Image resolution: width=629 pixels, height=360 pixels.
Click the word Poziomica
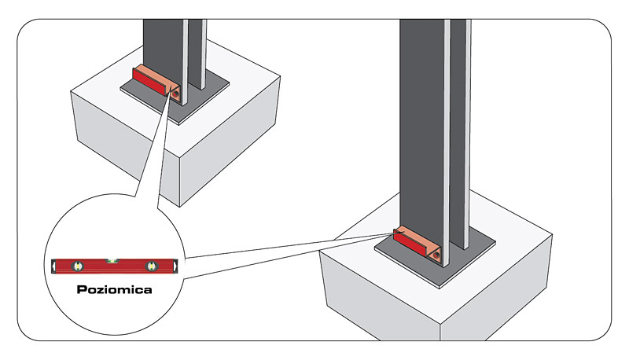(x=114, y=290)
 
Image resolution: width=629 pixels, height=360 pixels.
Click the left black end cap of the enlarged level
(x=54, y=267)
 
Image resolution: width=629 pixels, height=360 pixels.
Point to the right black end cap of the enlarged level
(x=175, y=267)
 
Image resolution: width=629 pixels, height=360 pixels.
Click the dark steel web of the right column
(x=421, y=118)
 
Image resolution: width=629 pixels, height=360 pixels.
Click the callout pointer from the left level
(x=153, y=149)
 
